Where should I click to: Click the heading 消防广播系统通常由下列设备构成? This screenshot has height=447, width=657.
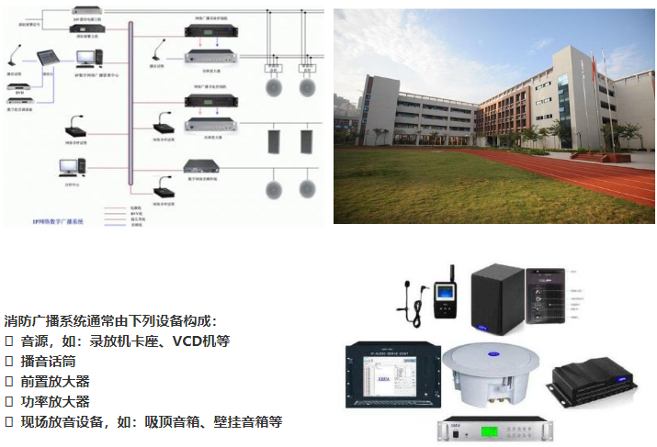(110, 320)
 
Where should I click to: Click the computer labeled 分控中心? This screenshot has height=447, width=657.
(71, 168)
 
